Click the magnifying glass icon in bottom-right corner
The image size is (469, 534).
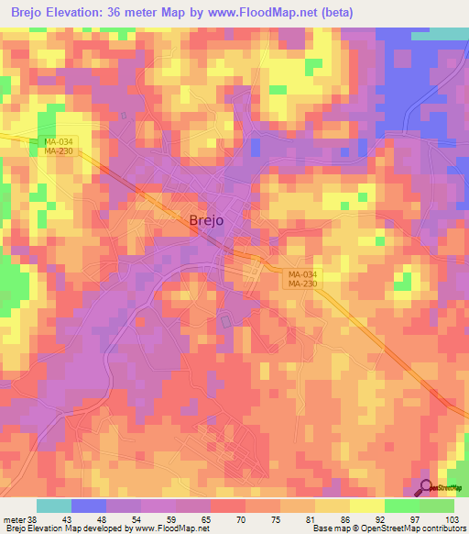tap(426, 488)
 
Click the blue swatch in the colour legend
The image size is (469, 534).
tap(88, 506)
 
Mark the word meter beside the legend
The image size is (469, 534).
tap(16, 518)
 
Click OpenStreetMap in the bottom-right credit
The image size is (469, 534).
tap(378, 528)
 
